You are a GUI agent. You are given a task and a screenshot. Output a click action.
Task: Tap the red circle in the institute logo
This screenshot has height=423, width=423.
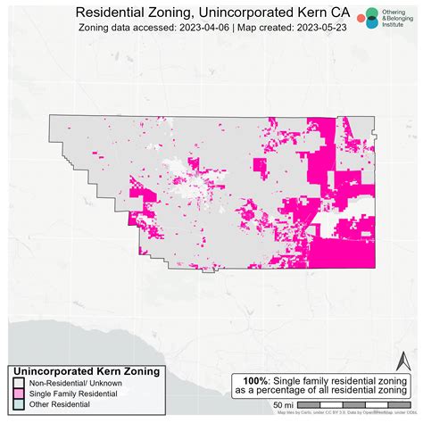[x=361, y=18]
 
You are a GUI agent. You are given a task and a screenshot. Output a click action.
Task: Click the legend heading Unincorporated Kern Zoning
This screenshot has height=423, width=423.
[x=87, y=370]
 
